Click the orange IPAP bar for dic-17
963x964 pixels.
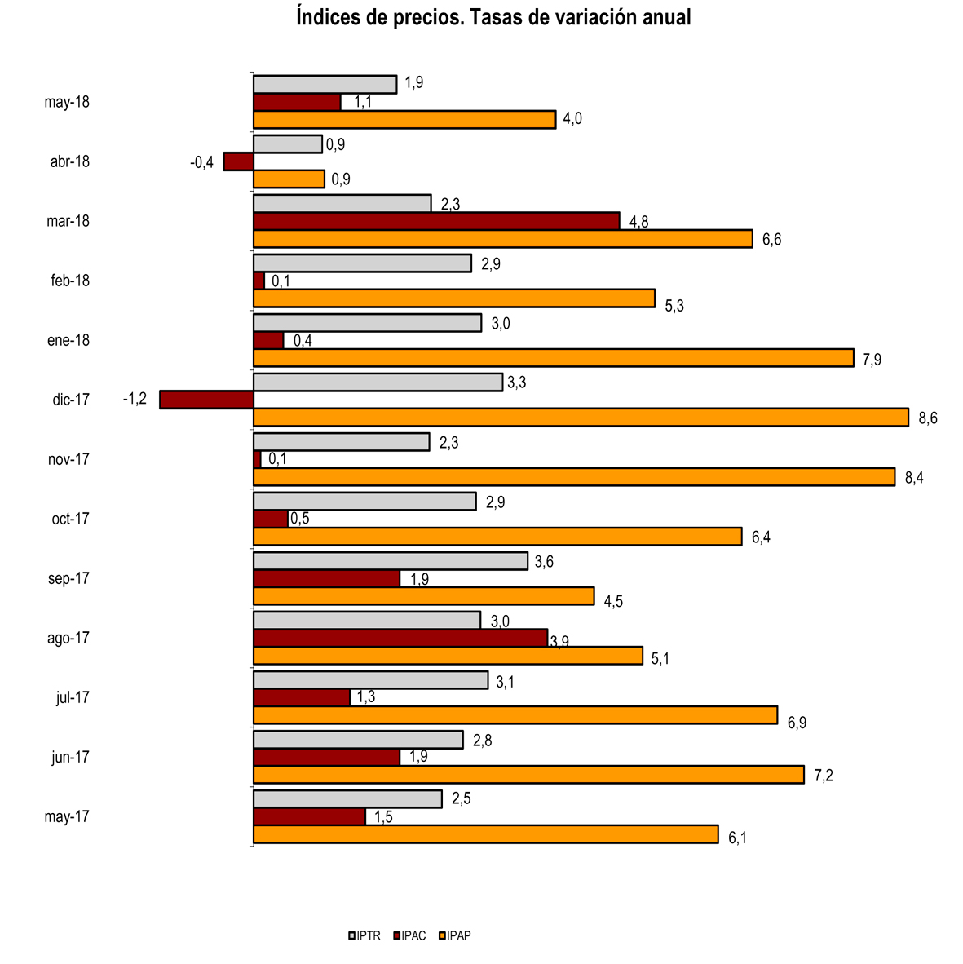[x=581, y=417]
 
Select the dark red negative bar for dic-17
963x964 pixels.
[x=206, y=400]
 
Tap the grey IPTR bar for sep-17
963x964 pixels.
[x=390, y=561]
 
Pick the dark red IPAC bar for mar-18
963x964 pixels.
[x=436, y=221]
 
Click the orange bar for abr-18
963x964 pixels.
[x=289, y=179]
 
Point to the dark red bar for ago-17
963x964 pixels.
[x=400, y=638]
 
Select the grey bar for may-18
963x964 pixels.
[x=325, y=84]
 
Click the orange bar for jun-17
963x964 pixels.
[x=528, y=775]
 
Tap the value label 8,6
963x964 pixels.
[x=928, y=418]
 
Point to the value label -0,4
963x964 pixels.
[x=201, y=162]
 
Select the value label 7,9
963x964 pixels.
[x=872, y=360]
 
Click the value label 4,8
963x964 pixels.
[x=638, y=222]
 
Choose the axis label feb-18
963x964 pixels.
[x=70, y=281]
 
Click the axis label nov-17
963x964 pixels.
[x=68, y=459]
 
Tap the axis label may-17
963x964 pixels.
[x=67, y=816]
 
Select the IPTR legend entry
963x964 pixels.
[x=364, y=935]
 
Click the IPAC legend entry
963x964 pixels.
[x=410, y=935]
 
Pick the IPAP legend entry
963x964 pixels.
[x=456, y=935]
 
